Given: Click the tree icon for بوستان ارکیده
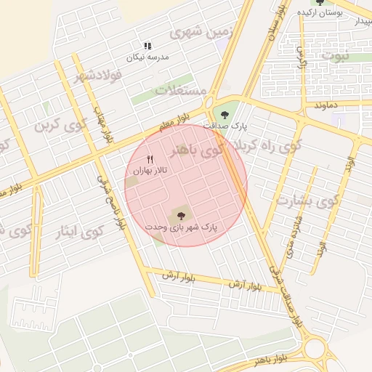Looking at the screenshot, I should [x=320, y=2].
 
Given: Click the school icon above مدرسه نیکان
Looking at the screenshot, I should [x=147, y=46].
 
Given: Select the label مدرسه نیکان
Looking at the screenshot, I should [x=147, y=57].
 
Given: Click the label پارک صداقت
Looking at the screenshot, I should [x=225, y=126].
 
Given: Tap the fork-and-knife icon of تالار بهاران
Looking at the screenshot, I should [x=150, y=159].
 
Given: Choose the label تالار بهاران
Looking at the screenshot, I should [x=150, y=170].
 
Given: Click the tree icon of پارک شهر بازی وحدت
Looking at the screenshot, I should [x=181, y=214].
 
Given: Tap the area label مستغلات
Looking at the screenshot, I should [x=181, y=90].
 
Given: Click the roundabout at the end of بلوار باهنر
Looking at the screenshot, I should [x=317, y=349].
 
